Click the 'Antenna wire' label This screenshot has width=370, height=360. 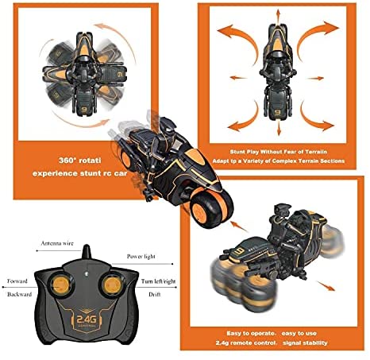tap(57, 243)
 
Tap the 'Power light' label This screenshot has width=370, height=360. tap(141, 257)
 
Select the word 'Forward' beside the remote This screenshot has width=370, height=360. tap(17, 281)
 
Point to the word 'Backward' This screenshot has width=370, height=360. tap(20, 294)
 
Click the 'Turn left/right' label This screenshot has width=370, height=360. tap(158, 281)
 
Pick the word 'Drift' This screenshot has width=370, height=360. tap(155, 294)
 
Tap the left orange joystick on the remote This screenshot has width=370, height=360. tap(61, 285)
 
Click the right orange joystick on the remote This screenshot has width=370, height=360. tap(112, 285)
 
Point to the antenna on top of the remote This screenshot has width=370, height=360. tap(87, 252)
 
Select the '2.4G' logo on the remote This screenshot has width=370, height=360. tap(87, 319)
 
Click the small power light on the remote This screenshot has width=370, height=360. tap(87, 273)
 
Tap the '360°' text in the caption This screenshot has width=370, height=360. tap(67, 161)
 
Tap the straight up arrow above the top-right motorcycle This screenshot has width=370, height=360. tap(278, 17)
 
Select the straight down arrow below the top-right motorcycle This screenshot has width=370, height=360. tap(279, 128)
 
